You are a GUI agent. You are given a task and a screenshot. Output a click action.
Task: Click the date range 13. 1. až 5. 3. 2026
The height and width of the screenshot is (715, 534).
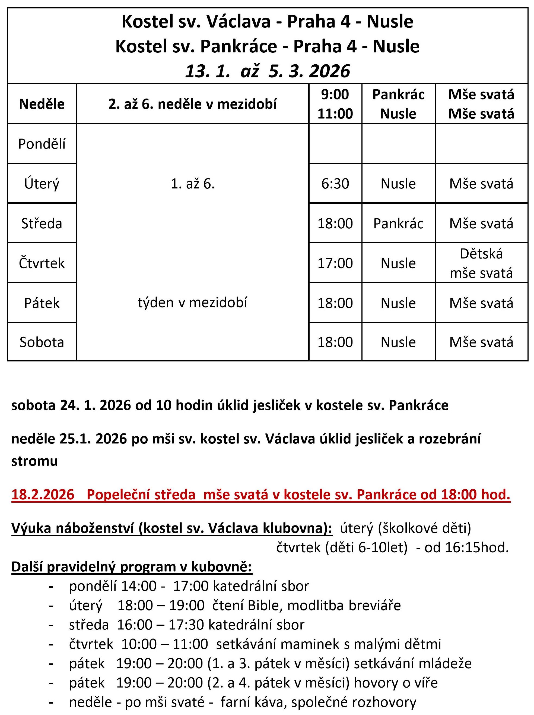(267, 71)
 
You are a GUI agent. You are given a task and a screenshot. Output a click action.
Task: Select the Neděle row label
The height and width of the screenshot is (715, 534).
(42, 104)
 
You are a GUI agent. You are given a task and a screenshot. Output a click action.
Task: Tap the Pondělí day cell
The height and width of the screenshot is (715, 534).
(42, 144)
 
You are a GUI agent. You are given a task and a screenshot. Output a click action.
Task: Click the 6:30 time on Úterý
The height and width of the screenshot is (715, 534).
(335, 184)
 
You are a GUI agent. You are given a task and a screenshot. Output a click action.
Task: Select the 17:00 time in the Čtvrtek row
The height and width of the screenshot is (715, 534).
(335, 263)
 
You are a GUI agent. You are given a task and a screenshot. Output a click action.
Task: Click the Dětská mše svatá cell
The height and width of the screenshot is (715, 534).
(481, 263)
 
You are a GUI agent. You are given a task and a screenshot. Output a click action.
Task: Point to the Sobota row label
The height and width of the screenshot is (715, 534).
(42, 342)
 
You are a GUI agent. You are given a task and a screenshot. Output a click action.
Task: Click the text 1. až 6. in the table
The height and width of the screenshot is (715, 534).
(193, 184)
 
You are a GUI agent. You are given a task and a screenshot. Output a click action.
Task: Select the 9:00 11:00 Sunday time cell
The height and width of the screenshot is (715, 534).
(335, 104)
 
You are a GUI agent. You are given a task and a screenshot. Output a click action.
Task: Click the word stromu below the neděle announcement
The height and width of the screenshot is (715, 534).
(34, 461)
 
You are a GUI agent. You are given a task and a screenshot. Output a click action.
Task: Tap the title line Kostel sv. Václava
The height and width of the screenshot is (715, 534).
(267, 22)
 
